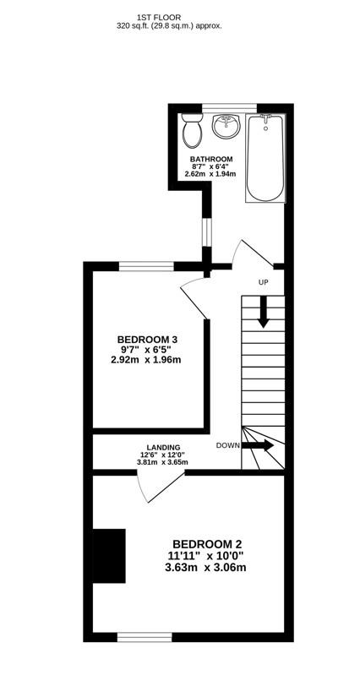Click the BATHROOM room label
pyautogui.click(x=210, y=159)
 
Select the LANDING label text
pyautogui.click(x=162, y=448)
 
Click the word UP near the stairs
pyautogui.click(x=264, y=282)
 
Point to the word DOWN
pyautogui.click(x=226, y=444)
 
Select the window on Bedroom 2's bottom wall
pyautogui.click(x=145, y=635)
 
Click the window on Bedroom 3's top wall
pyautogui.click(x=146, y=267)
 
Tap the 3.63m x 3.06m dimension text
pyautogui.click(x=207, y=568)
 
